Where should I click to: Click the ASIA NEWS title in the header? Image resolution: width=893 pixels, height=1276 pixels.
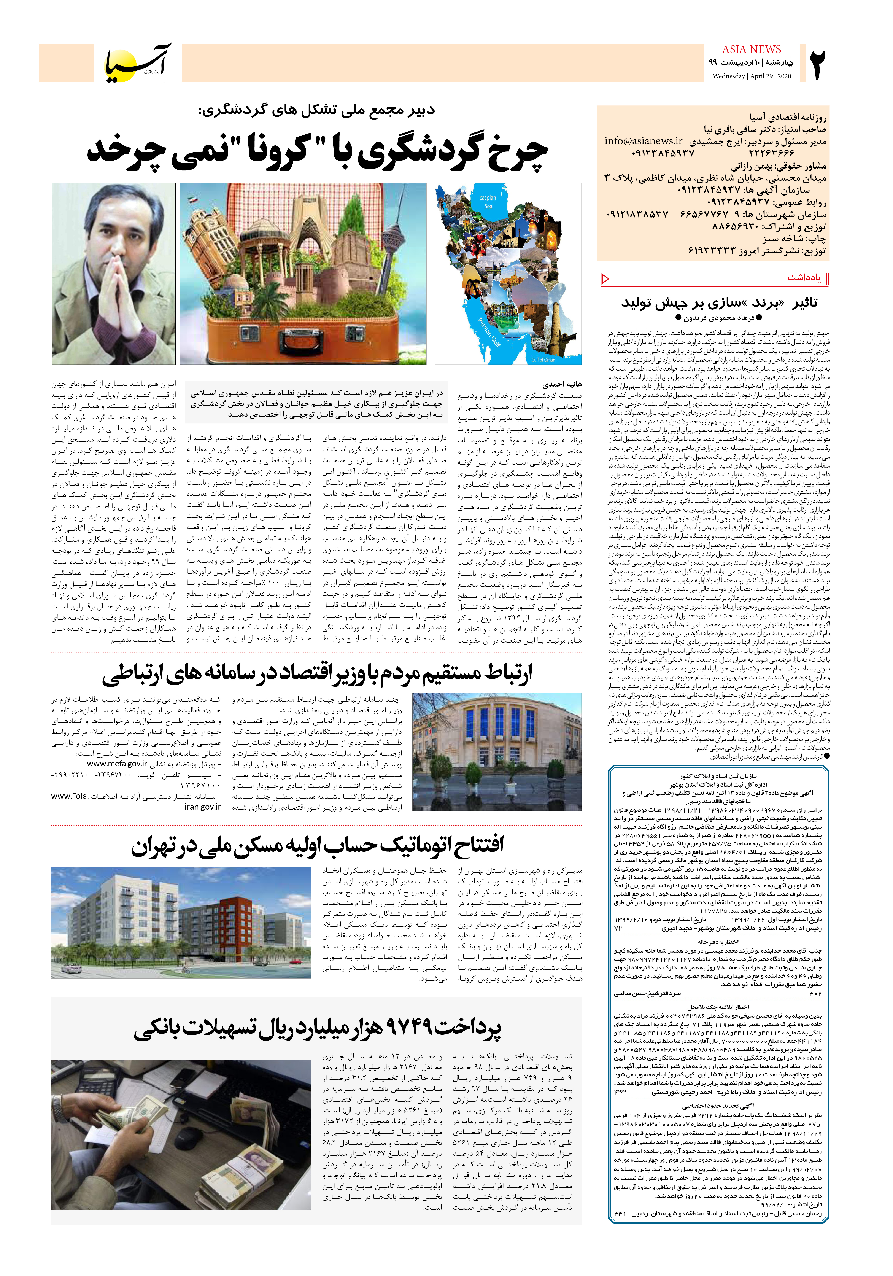point(751,49)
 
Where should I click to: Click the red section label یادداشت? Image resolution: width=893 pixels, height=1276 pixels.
point(804,277)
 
